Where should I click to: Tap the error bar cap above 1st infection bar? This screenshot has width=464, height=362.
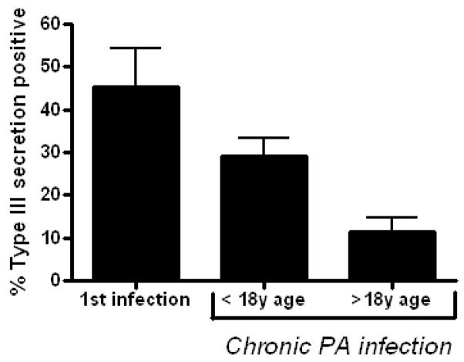tap(136, 49)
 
